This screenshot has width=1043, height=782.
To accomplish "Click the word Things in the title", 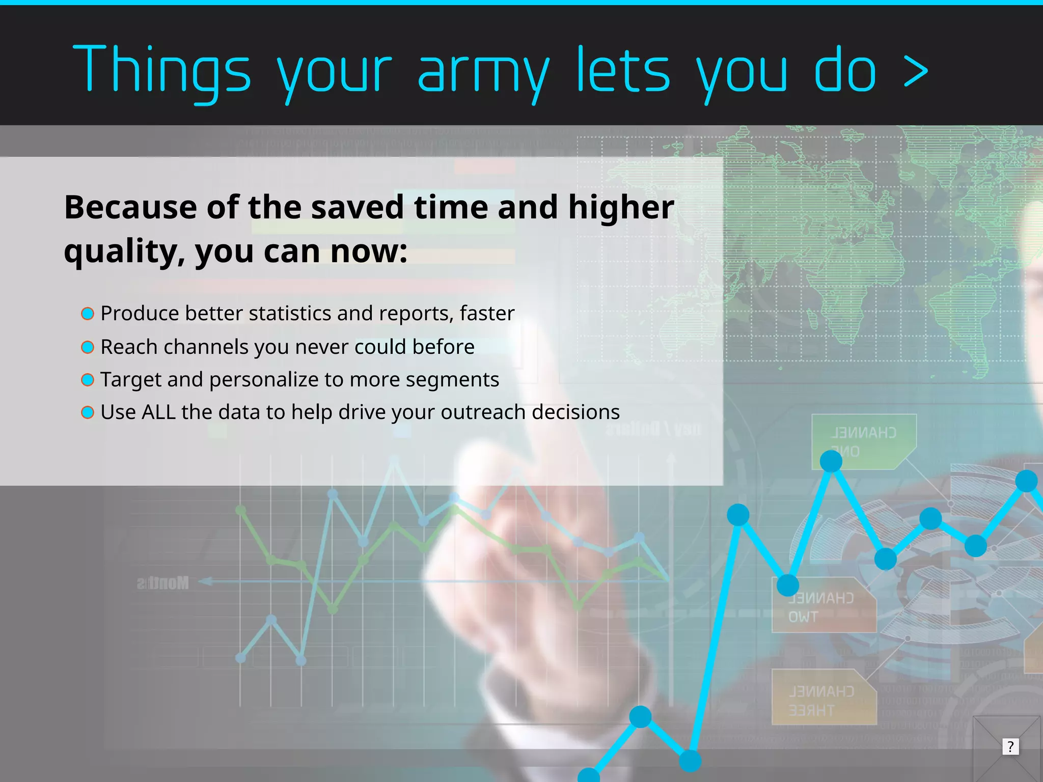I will [162, 70].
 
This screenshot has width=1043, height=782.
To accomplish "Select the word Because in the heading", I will [130, 207].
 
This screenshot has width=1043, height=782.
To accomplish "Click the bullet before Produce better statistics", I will [88, 314].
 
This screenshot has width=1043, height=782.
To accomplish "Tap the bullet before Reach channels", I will [88, 347].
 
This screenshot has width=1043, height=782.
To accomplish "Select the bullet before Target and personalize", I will [88, 380].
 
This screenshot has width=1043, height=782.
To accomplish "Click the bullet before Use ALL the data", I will [88, 412].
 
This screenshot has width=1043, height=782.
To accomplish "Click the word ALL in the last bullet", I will [158, 412].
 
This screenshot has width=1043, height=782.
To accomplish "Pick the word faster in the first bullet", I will [487, 314].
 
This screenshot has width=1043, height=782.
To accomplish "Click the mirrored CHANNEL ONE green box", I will [863, 441].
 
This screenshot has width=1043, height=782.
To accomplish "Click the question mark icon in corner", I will [1010, 747].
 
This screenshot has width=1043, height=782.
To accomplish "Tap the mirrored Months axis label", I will [163, 583].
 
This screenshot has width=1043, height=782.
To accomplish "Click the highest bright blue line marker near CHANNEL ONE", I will [831, 461].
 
